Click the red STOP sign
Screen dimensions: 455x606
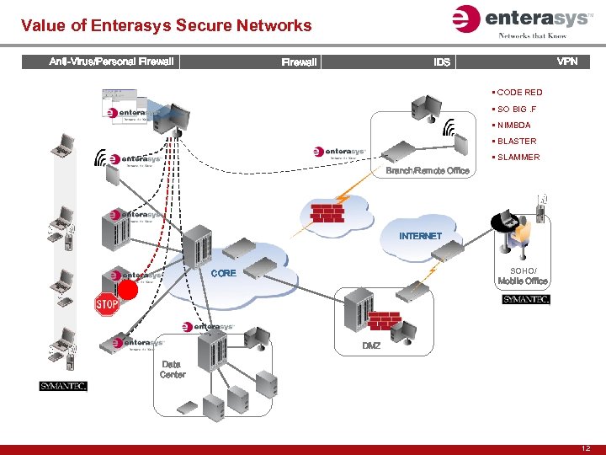click(x=106, y=304)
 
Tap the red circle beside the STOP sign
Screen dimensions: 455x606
click(x=128, y=290)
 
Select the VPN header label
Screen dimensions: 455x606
click(x=567, y=62)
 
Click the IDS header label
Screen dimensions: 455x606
click(x=442, y=62)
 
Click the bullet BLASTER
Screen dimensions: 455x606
click(x=517, y=141)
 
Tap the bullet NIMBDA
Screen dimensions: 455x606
click(x=514, y=125)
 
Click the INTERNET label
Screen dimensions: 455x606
click(x=420, y=236)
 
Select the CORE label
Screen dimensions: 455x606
click(x=223, y=273)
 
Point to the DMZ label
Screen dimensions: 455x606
click(x=371, y=346)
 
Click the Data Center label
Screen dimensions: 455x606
click(x=173, y=370)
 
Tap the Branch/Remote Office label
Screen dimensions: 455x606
click(x=428, y=171)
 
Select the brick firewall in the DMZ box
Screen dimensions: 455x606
click(x=384, y=320)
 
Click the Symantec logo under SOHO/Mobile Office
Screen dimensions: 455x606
click(x=526, y=299)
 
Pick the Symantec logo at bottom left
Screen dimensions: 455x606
click(x=63, y=386)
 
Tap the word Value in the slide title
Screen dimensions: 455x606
click(x=42, y=25)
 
